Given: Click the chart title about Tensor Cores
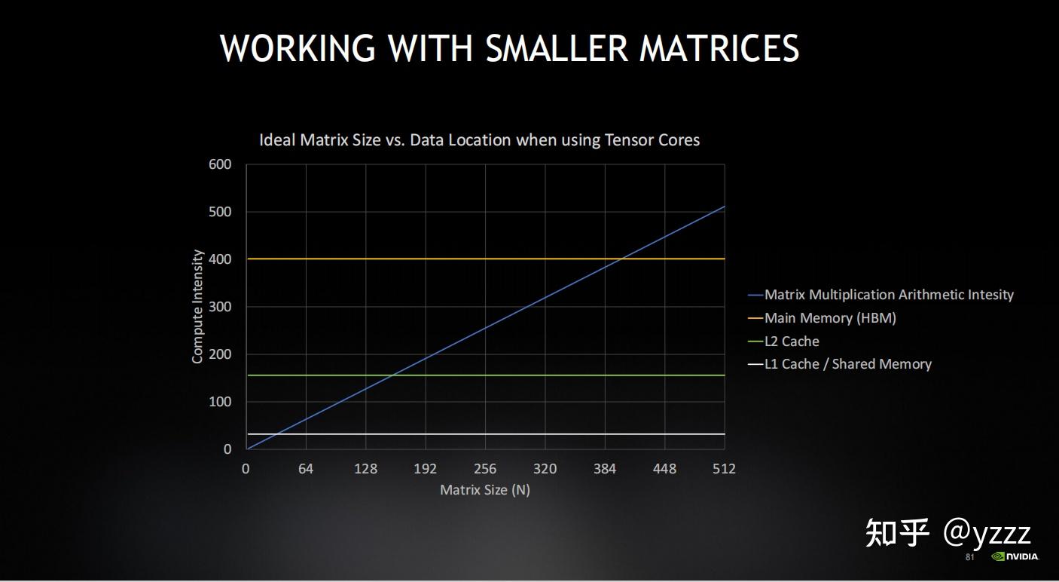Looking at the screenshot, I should [x=479, y=140].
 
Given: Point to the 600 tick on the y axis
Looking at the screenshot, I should [x=220, y=164].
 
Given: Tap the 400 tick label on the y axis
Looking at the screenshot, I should [x=220, y=259].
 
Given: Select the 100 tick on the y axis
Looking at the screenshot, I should [x=220, y=402].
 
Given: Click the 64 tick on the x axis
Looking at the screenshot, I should [x=305, y=469].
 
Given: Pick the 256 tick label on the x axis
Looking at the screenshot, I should [x=485, y=469].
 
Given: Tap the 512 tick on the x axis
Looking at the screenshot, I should [x=724, y=469].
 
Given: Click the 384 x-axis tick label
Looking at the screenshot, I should [x=605, y=469].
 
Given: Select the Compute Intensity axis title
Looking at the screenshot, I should [x=198, y=307].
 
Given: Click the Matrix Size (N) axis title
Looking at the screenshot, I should [x=485, y=490].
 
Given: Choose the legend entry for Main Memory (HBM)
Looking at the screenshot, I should [x=830, y=318].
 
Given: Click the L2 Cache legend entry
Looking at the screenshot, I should [x=792, y=342].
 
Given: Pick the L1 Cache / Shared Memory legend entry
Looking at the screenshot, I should [x=847, y=364].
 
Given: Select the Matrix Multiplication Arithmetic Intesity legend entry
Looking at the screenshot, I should [x=889, y=295].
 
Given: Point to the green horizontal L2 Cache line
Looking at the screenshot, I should [x=527, y=375].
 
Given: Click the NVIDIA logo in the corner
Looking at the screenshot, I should [x=1015, y=557].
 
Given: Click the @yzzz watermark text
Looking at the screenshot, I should [x=987, y=532].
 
